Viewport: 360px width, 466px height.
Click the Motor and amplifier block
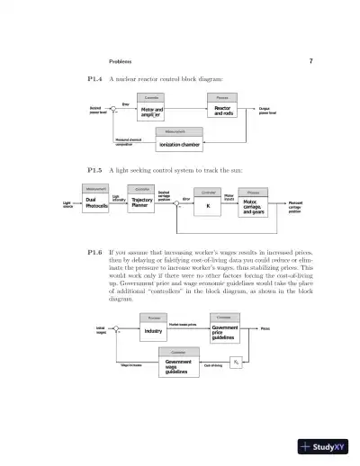pyautogui.click(x=153, y=111)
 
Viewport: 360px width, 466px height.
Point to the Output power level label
pyautogui.click(x=268, y=111)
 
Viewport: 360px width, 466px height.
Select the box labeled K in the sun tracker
pyautogui.click(x=208, y=206)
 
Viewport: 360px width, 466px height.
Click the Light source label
pyautogui.click(x=67, y=206)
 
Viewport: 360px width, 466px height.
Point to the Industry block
pyautogui.click(x=153, y=331)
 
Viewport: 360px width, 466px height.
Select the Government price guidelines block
pyautogui.click(x=224, y=331)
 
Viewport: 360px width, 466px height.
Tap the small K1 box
pyautogui.click(x=236, y=362)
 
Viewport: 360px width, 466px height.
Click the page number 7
pyautogui.click(x=310, y=62)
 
